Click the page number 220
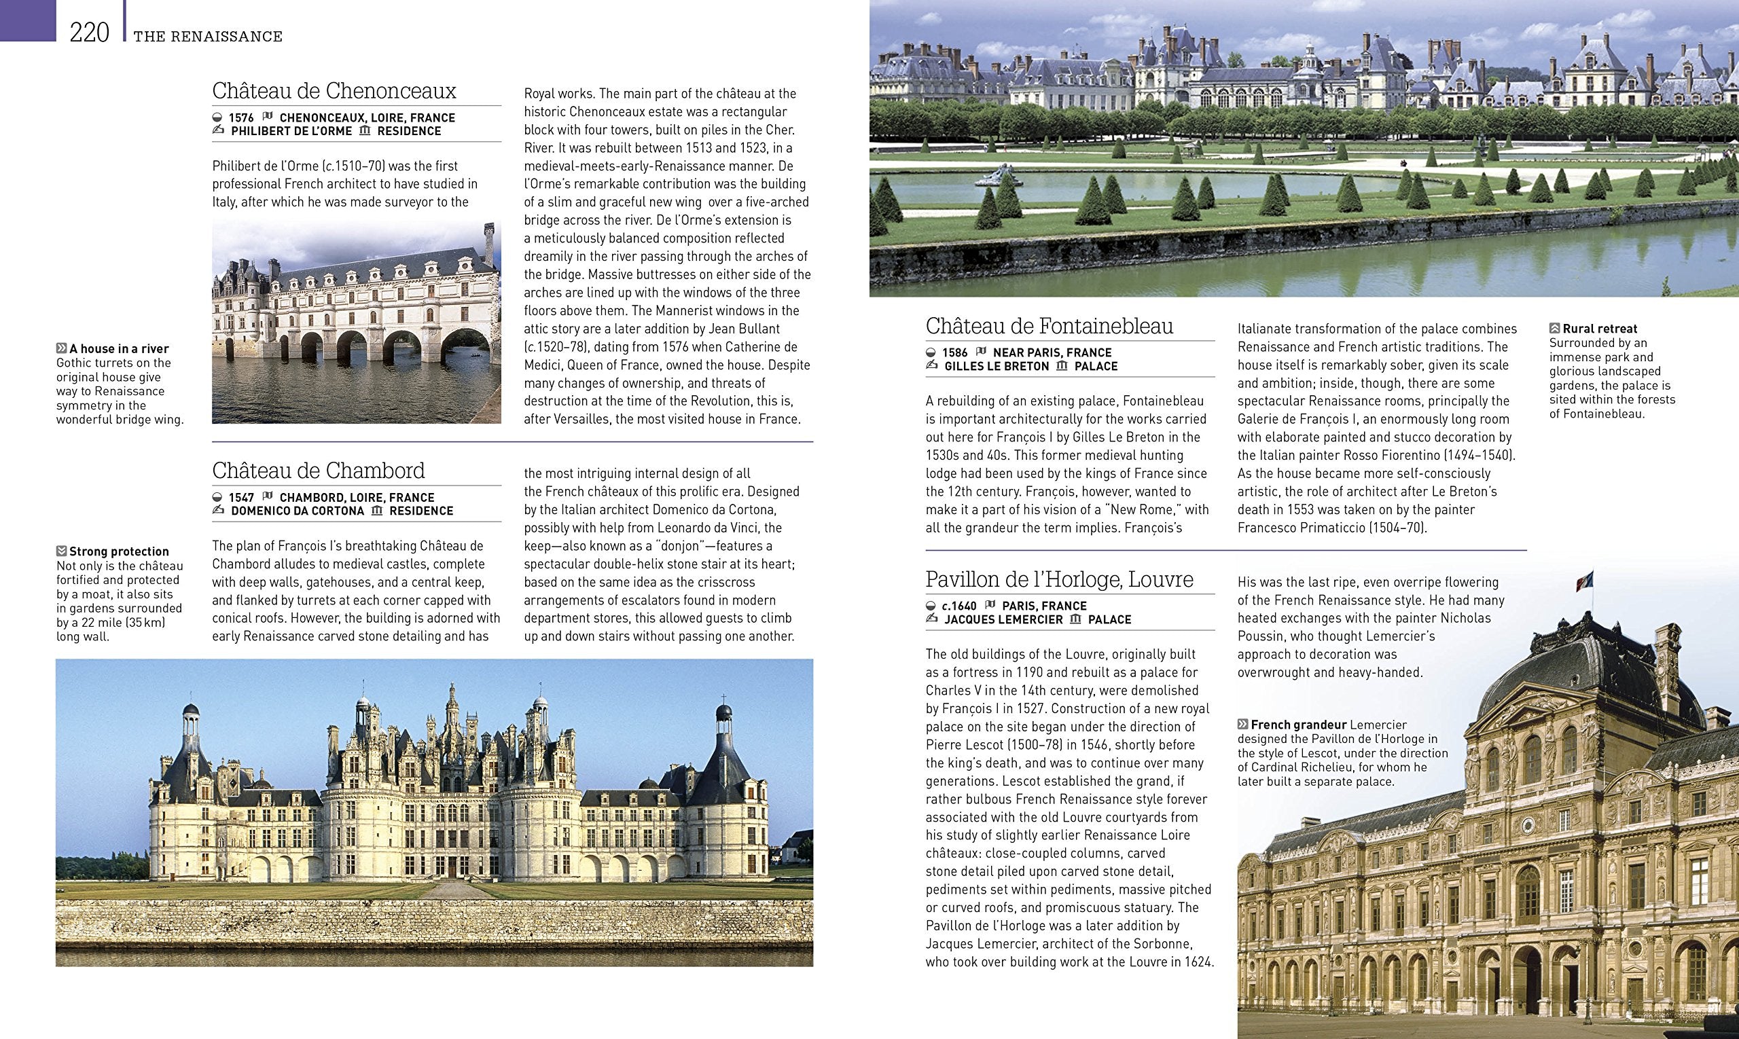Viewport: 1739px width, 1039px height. pos(90,33)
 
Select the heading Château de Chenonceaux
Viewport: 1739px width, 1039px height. pos(334,91)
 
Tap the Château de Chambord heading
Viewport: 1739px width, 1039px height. pos(318,471)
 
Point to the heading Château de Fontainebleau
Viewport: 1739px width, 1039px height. pos(1049,326)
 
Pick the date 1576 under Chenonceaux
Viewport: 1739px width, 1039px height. pos(241,118)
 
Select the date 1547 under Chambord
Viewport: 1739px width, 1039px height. pos(241,498)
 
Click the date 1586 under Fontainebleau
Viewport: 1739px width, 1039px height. pos(954,353)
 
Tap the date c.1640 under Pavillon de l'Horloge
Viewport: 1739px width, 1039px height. pos(958,606)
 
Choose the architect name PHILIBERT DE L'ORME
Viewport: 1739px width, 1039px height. pos(291,132)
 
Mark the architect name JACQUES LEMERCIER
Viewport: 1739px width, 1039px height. pos(1003,619)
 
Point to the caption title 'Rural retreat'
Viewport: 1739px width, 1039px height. pos(1600,329)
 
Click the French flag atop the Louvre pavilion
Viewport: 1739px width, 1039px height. pos(1583,581)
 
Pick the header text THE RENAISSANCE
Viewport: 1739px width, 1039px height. pos(208,37)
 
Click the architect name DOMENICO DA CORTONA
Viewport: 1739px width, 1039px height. pos(297,511)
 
